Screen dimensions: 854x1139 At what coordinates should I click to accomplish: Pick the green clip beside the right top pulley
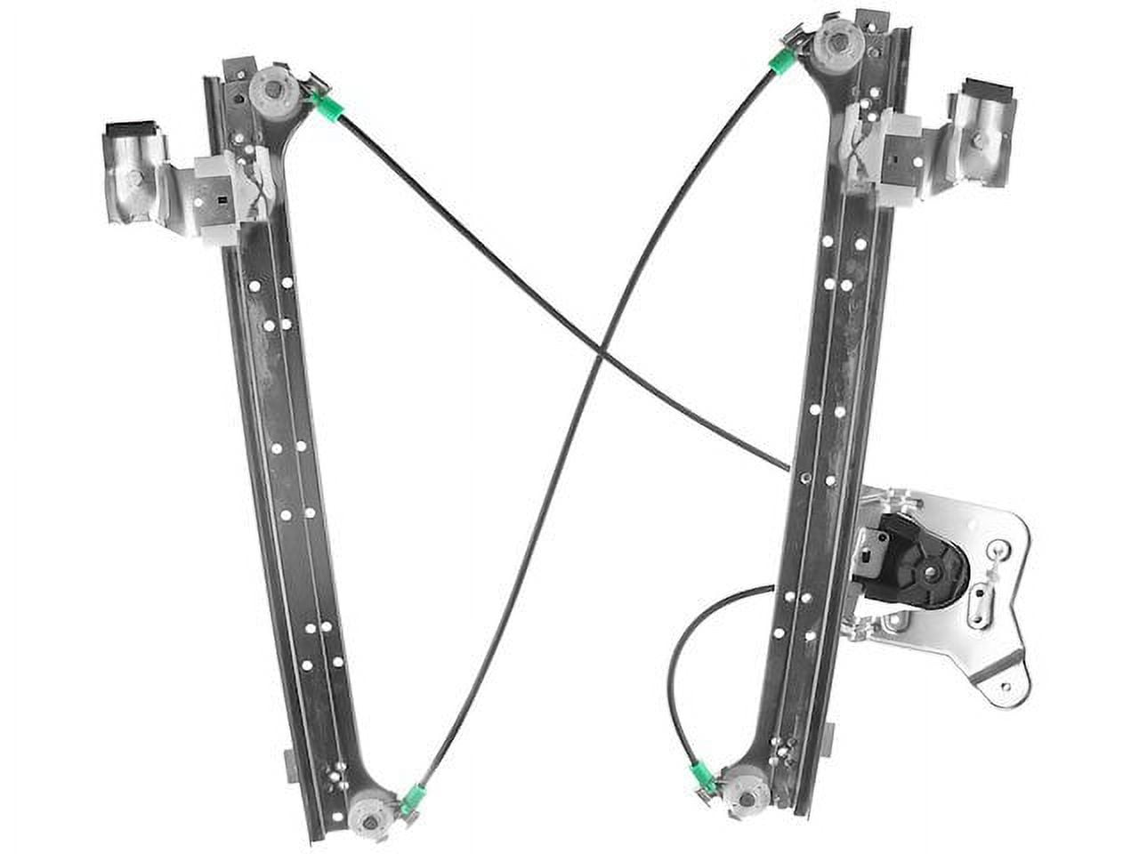tap(784, 59)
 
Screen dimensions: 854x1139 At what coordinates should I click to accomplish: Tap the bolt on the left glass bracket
tap(133, 177)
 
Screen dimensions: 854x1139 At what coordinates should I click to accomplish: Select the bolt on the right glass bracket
tap(981, 140)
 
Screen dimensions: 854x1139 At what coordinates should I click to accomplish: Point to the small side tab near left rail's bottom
tap(291, 762)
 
